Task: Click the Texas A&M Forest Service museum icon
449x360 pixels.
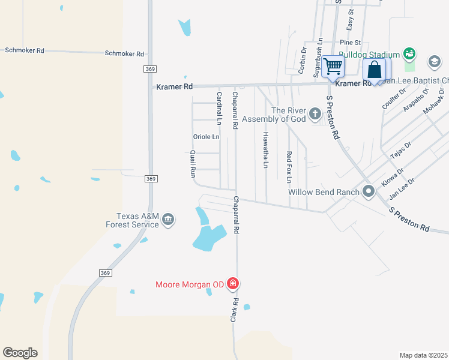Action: (x=168, y=221)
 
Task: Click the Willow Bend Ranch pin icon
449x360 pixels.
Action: (x=369, y=192)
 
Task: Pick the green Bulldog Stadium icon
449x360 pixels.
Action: (x=409, y=55)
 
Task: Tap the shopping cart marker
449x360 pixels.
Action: (x=333, y=66)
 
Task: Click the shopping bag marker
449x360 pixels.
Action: (x=374, y=70)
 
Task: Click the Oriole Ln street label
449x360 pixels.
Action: (x=206, y=137)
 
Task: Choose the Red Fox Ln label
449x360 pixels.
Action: (x=289, y=167)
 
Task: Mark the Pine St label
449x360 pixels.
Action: (x=350, y=43)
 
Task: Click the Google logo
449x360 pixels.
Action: (x=20, y=353)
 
